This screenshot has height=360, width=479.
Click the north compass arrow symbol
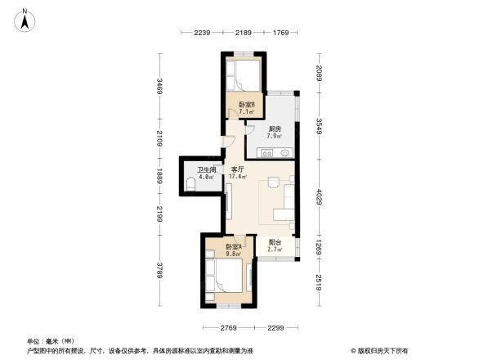click(x=25, y=19)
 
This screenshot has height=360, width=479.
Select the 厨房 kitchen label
click(x=275, y=128)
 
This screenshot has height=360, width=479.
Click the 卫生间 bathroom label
click(x=204, y=169)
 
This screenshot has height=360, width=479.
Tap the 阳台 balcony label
click(x=275, y=242)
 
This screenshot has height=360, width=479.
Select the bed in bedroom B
click(x=243, y=78)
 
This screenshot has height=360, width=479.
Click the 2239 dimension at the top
click(x=203, y=32)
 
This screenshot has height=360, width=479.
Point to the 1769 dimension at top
click(x=281, y=32)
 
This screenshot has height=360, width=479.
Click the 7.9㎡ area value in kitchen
click(x=275, y=136)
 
